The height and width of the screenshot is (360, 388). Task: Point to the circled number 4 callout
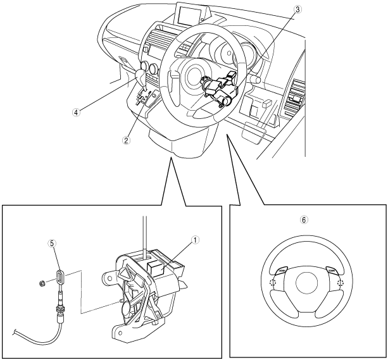[x=75, y=112]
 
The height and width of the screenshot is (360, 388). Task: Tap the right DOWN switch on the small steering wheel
[x=332, y=270]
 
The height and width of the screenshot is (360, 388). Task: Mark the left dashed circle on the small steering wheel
[x=272, y=282]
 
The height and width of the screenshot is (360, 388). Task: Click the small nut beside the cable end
[x=41, y=282]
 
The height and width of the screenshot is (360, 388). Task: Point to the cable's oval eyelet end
[x=59, y=276]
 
